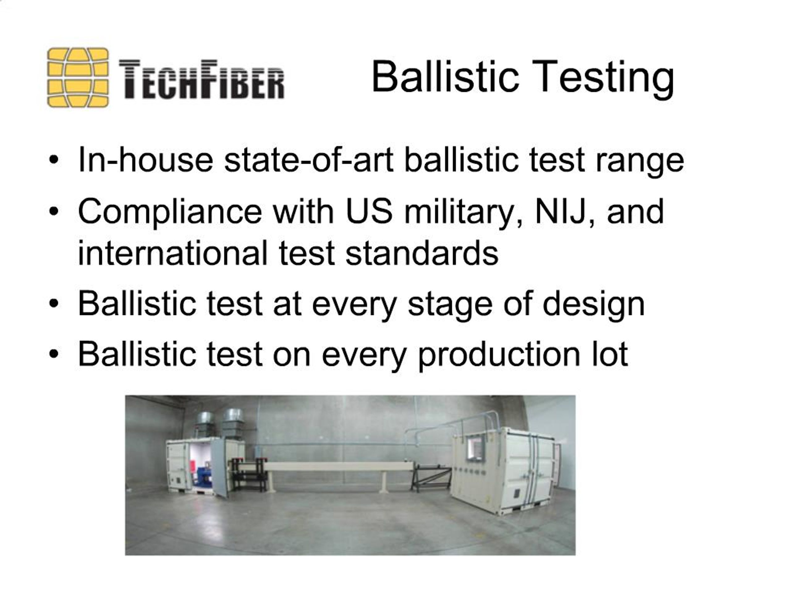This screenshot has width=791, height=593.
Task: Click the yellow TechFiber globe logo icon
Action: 78,78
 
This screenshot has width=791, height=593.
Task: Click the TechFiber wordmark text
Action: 201,79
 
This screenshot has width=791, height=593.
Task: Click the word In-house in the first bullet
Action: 145,160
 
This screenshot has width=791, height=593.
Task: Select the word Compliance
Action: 170,212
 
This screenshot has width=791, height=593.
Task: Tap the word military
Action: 463,212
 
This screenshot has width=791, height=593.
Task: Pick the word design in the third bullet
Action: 593,305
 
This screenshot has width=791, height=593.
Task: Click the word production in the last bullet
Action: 498,355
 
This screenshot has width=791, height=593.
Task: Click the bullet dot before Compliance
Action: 54,212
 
